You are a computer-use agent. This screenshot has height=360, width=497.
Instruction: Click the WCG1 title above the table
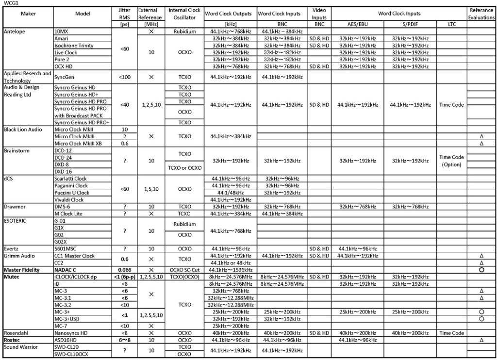tap(10, 3)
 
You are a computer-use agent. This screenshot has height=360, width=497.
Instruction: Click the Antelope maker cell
tap(15, 31)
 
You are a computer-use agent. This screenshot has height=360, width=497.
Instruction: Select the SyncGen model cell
tap(66, 77)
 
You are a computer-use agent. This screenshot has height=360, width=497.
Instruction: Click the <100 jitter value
tap(124, 77)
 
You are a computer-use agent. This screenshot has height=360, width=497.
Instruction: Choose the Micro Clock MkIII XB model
tap(78, 144)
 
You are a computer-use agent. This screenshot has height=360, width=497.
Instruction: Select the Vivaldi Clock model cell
tap(69, 199)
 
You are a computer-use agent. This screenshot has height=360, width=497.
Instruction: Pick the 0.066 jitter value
tap(124, 270)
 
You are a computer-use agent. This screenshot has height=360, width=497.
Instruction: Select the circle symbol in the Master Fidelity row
tap(481, 270)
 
